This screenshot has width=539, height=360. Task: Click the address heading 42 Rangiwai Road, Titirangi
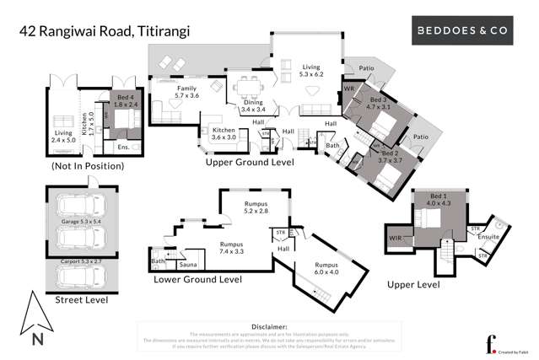(x=105, y=32)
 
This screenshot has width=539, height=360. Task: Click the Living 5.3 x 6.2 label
(x=312, y=70)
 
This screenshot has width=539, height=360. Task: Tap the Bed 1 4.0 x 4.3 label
(x=439, y=199)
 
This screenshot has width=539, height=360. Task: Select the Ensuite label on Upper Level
(x=487, y=238)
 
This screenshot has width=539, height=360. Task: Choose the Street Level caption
(x=79, y=298)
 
